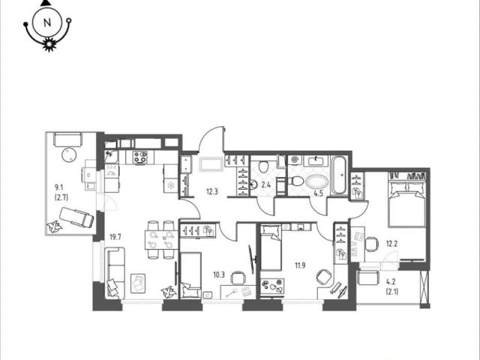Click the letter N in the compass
[47, 22]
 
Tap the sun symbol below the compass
[49, 45]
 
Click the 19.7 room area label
[115, 237]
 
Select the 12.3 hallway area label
[211, 192]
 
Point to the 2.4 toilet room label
[265, 184]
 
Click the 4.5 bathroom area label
[319, 193]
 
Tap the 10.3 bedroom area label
[219, 274]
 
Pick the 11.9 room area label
[300, 265]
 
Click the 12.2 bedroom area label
[391, 244]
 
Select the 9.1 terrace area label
[59, 187]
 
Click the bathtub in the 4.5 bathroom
[340, 175]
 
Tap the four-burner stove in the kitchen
[140, 157]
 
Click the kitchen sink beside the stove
[111, 157]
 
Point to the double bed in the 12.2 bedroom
[406, 203]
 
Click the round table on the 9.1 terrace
[69, 155]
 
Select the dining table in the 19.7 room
[161, 240]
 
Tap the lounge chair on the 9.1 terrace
[76, 217]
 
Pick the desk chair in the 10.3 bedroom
[238, 277]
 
